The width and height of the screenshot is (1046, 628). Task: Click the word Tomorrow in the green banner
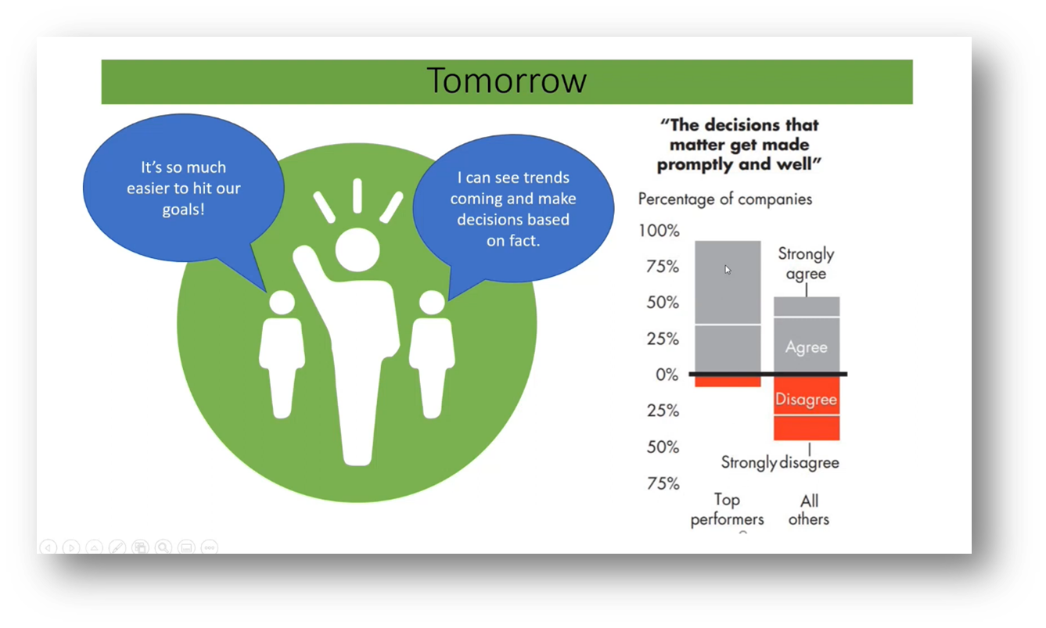tap(506, 81)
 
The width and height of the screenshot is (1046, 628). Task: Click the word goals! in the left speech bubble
tap(184, 210)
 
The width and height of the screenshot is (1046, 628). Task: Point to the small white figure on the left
tap(282, 356)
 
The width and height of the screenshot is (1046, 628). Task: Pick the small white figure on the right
tap(432, 356)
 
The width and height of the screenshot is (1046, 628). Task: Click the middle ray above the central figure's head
tap(358, 196)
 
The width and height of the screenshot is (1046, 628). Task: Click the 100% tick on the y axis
tap(659, 231)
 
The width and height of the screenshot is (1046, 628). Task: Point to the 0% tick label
tap(667, 375)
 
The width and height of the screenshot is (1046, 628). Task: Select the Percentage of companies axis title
tap(725, 199)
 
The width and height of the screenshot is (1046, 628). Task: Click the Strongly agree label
tap(806, 264)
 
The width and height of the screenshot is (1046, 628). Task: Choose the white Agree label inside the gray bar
tap(807, 347)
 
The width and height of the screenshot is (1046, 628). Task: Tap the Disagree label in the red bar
tap(806, 400)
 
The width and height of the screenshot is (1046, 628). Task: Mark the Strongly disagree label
tap(780, 462)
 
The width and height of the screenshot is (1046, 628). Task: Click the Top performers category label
tap(727, 509)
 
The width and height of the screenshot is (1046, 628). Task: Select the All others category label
tap(808, 509)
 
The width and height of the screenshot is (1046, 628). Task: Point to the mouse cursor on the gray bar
tap(728, 270)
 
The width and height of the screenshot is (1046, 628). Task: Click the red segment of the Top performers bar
tap(728, 382)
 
